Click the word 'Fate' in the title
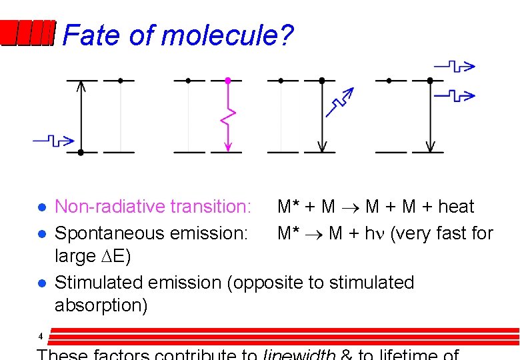click(x=91, y=35)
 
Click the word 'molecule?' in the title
click(x=227, y=35)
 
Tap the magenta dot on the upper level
click(x=228, y=81)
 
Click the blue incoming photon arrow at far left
click(x=53, y=140)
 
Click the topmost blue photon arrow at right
click(x=455, y=66)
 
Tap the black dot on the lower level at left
click(x=81, y=152)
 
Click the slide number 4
click(x=41, y=335)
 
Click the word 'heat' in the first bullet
click(x=456, y=207)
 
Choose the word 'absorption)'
click(x=101, y=305)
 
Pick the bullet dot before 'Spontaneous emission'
click(x=41, y=234)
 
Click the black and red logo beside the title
click(x=27, y=33)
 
